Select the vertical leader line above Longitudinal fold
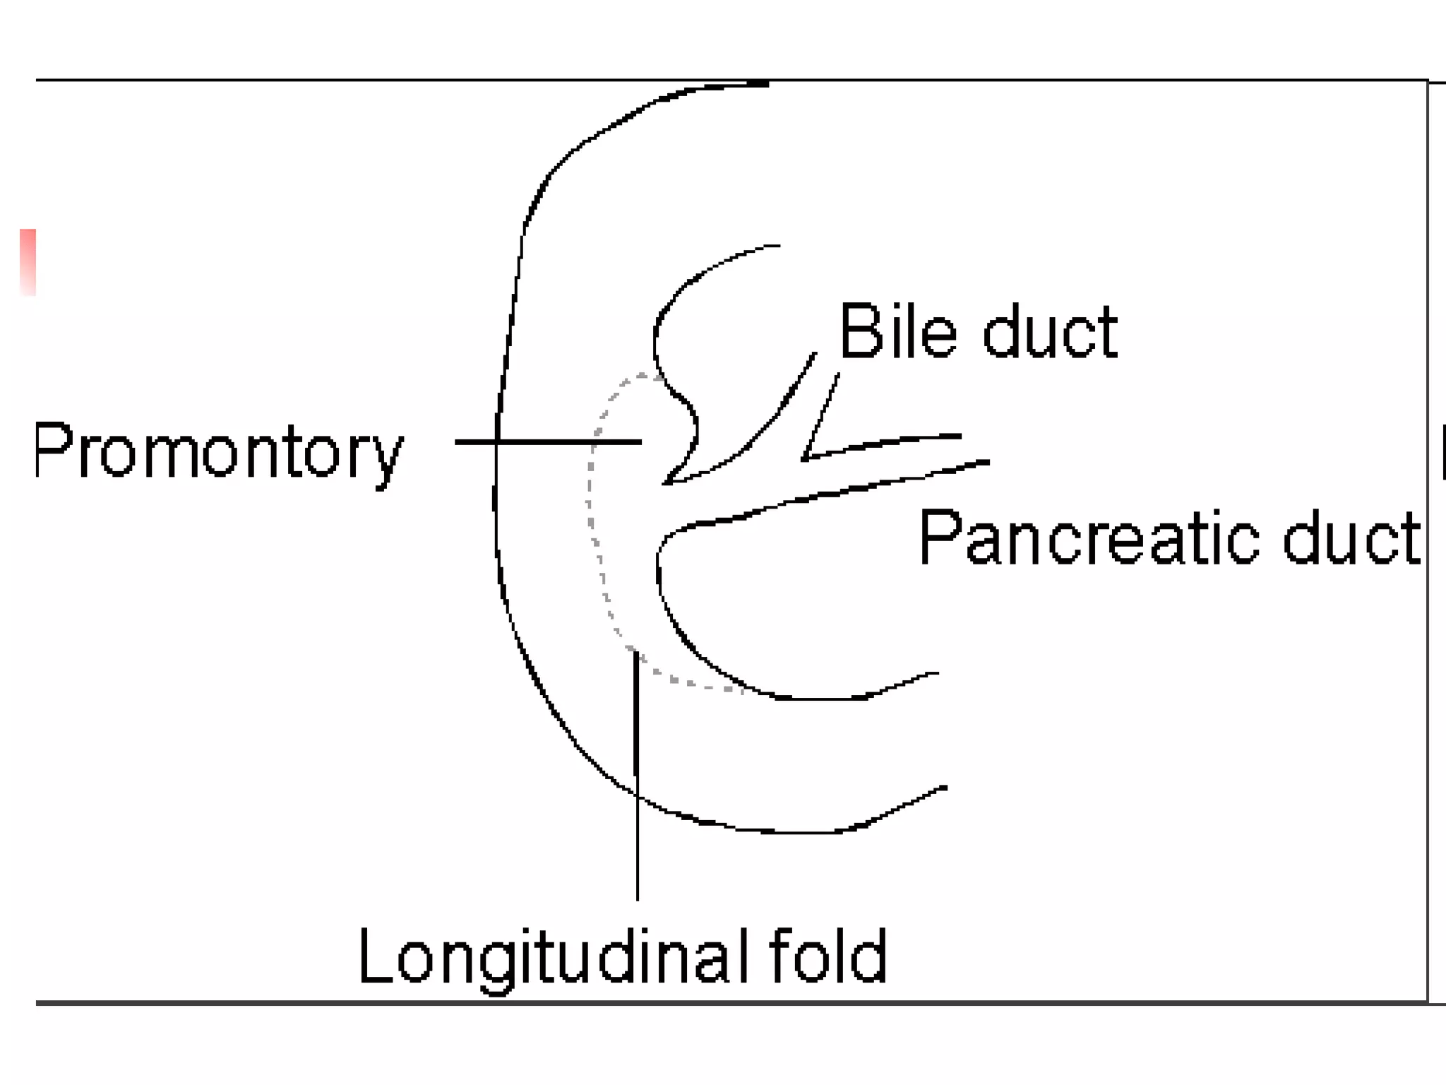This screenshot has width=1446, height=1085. point(637,777)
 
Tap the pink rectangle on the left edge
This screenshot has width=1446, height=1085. point(28,261)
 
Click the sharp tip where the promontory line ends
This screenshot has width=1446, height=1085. point(665,483)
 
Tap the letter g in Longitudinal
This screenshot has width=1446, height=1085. point(498,966)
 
